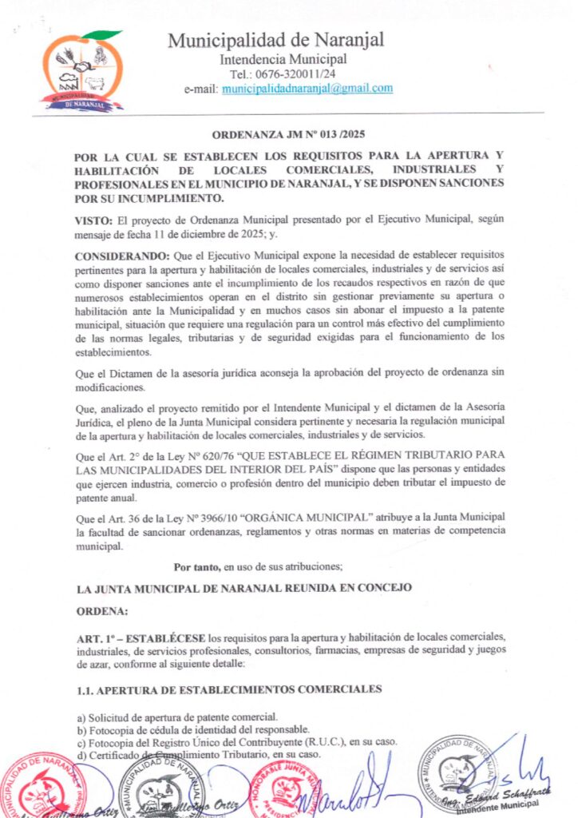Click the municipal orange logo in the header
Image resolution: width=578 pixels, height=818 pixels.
coord(83,70)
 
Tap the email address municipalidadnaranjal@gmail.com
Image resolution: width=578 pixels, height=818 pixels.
coord(307,88)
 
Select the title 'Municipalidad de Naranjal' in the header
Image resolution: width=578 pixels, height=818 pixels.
coord(276,40)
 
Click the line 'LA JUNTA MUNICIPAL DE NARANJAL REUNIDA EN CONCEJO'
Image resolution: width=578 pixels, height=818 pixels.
coord(244,588)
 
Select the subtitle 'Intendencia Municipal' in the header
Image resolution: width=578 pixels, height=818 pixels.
coord(283,58)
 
